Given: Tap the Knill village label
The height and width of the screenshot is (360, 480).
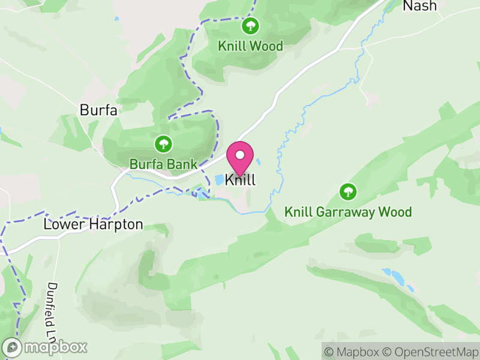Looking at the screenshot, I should click(x=241, y=180).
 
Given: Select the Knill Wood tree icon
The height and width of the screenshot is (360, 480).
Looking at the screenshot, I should click(x=250, y=26).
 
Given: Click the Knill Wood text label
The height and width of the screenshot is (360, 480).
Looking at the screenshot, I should click(x=250, y=46).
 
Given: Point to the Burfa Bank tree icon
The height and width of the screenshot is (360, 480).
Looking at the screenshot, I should click(x=163, y=144).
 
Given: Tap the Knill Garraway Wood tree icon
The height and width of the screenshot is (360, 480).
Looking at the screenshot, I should click(x=347, y=192).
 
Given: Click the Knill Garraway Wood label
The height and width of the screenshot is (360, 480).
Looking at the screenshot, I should click(x=348, y=212).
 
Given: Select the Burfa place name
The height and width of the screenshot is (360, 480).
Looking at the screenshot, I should click(x=98, y=110).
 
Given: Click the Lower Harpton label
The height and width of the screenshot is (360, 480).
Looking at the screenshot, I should click(x=94, y=224).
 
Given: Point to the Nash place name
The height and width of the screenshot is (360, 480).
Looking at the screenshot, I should click(x=419, y=6).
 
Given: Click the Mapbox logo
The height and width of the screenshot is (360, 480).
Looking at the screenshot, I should click(x=46, y=347).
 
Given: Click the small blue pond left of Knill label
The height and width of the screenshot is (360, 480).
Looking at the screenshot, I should click(x=218, y=179).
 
